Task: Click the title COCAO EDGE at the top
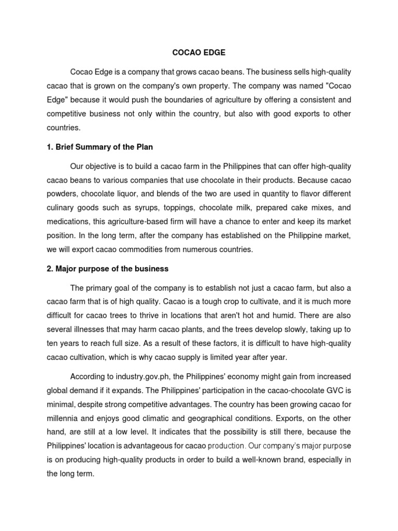[198, 52]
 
